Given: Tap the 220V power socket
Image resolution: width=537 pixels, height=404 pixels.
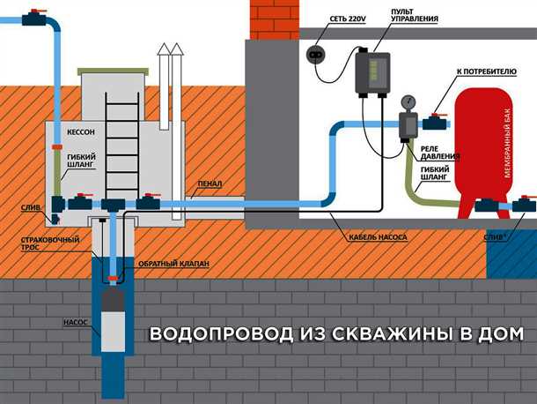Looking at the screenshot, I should [x=316, y=55].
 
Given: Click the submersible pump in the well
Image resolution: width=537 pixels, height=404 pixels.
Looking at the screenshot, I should [x=113, y=309].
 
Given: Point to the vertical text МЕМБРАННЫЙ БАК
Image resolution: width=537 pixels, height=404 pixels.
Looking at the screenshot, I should [x=508, y=146].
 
